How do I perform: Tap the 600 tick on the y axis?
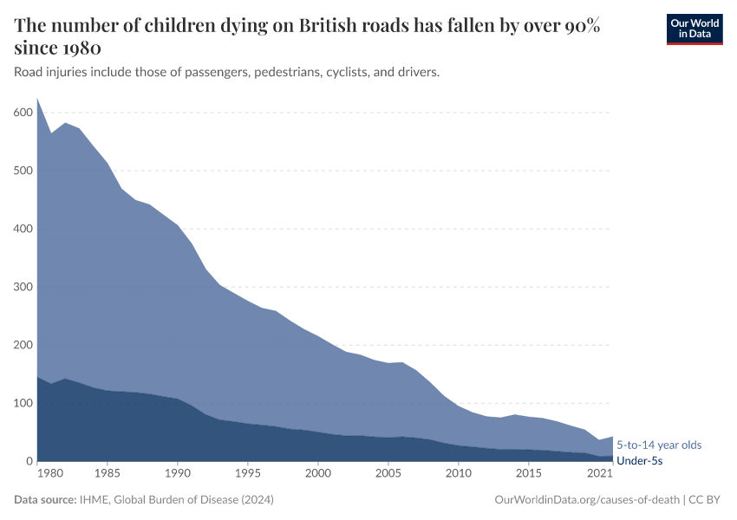click(x=23, y=113)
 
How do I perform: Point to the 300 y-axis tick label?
click(x=23, y=287)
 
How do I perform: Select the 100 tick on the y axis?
click(x=23, y=403)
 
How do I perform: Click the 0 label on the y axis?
click(x=29, y=461)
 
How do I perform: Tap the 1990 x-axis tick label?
click(x=178, y=474)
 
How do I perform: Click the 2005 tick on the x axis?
click(x=388, y=474)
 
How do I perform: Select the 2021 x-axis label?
click(x=599, y=474)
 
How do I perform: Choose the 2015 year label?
click(x=529, y=474)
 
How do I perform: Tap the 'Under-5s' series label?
click(x=639, y=461)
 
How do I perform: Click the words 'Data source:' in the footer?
click(x=44, y=500)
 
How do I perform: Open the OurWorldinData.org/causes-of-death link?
click(x=586, y=500)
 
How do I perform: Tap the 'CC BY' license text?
click(x=706, y=500)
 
